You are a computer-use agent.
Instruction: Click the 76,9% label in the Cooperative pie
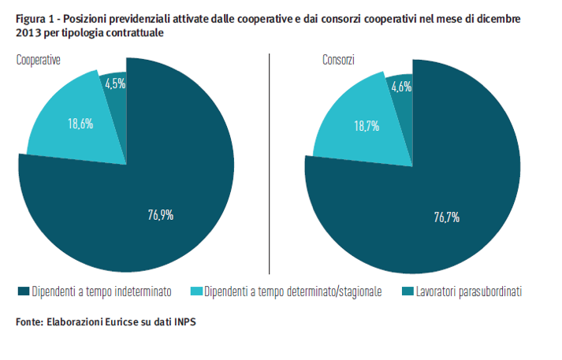click(x=161, y=215)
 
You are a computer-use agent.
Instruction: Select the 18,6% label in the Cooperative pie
click(x=80, y=124)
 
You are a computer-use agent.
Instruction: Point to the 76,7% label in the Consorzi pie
click(x=447, y=217)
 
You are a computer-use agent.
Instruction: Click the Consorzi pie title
click(x=337, y=60)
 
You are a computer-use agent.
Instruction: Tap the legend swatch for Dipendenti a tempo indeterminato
click(x=23, y=291)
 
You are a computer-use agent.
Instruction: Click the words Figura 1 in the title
click(x=34, y=17)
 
